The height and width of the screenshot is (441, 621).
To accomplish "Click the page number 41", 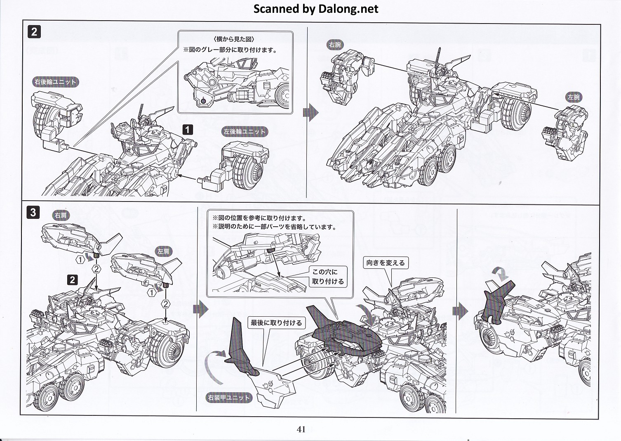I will (301, 429).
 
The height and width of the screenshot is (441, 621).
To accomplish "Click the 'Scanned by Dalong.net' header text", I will (315, 9).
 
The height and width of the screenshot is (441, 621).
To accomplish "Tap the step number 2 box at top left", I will (34, 32).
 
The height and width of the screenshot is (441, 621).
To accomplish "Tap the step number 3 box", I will (33, 212).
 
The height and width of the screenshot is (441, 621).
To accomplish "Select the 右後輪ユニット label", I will (56, 82).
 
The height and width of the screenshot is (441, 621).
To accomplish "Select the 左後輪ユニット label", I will (245, 132).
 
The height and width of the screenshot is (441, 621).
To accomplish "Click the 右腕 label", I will (335, 45).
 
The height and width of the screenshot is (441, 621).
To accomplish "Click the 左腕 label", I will (574, 97).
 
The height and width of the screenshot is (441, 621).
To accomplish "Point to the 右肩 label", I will (61, 215).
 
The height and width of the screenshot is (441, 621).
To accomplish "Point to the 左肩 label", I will (163, 251).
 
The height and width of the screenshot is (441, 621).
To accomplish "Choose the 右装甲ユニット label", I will (229, 398).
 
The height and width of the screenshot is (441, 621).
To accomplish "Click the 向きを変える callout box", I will (386, 263).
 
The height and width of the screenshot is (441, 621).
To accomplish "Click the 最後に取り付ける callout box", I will (276, 322).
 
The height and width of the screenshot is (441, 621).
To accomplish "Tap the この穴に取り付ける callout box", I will (328, 276).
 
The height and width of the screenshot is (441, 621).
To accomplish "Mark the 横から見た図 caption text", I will (234, 39).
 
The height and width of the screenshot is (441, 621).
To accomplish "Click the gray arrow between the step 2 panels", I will (310, 112).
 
